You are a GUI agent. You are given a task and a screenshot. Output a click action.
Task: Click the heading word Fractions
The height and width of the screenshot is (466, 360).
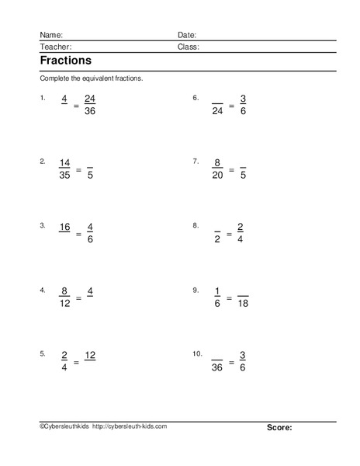[65, 60]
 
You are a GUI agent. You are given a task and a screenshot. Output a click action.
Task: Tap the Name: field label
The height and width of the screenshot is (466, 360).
[50, 35]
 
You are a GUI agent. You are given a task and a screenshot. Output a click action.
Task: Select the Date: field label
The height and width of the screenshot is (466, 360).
[187, 35]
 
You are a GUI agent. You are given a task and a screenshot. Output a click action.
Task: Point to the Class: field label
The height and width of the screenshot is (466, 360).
[189, 47]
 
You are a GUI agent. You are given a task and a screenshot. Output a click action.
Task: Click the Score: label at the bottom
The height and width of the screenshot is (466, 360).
[279, 427]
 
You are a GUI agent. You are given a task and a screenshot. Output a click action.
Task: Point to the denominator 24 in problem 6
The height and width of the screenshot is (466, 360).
[217, 110]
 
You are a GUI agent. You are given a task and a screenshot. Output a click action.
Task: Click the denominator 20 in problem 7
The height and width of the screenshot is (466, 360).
[217, 175]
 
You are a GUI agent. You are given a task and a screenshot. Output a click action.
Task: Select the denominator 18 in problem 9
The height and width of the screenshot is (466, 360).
[243, 303]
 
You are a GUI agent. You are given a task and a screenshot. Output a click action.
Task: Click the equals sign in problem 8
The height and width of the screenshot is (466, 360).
[230, 233]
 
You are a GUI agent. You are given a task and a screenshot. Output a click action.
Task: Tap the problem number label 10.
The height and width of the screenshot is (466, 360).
[198, 353]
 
